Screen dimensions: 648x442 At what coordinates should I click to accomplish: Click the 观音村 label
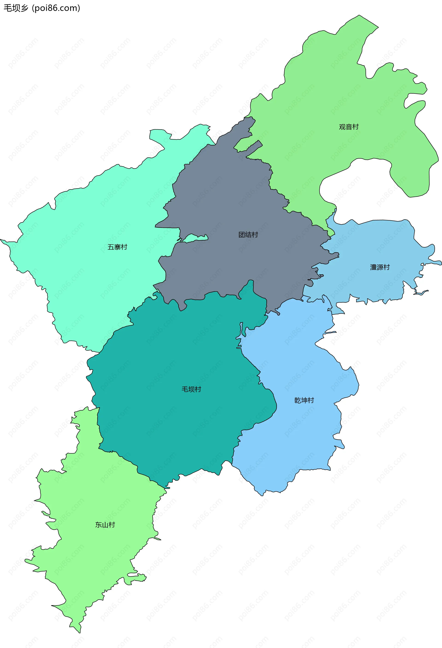349,127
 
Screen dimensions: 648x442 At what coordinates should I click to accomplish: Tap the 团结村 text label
248,235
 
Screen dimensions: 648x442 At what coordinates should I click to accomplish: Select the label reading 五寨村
117,247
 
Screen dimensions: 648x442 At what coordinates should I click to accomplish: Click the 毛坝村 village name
191,389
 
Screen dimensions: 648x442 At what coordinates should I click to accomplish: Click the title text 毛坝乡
16,8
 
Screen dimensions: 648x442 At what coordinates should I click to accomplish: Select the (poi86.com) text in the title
56,8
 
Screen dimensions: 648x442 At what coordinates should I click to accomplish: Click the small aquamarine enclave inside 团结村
195,238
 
